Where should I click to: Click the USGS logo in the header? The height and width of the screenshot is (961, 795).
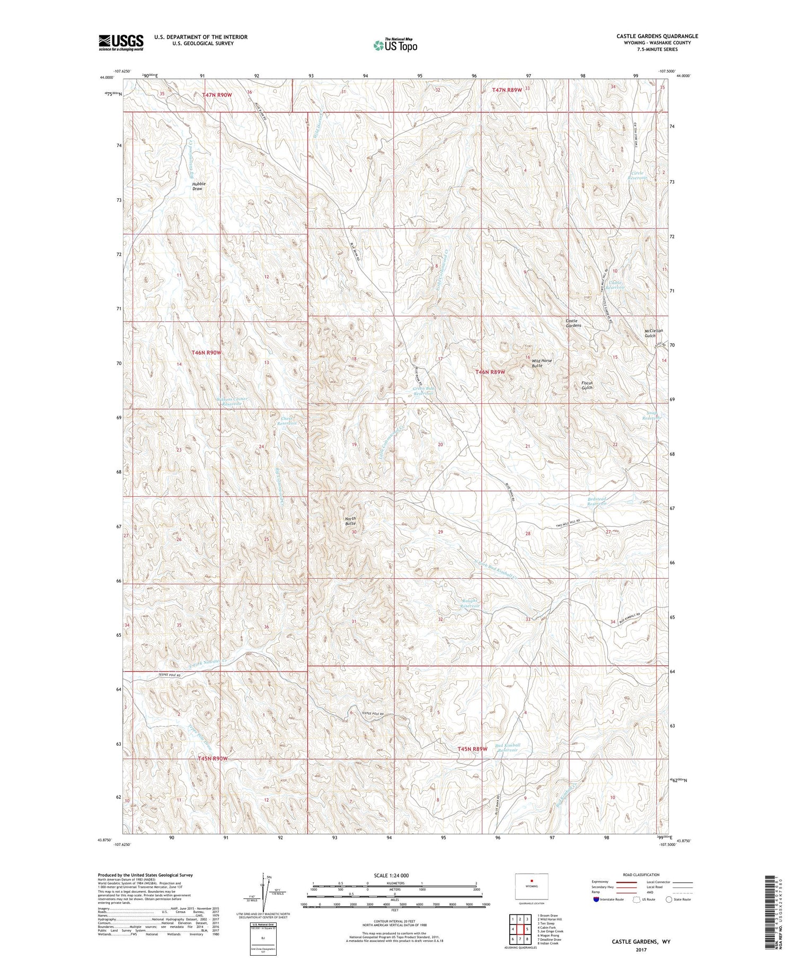click(121, 42)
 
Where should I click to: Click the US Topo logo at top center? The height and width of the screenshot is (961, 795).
click(395, 46)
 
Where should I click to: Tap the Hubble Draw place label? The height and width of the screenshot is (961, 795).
click(198, 186)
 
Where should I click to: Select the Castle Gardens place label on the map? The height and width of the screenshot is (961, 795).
click(573, 323)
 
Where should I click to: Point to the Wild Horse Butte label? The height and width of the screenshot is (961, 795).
click(542, 363)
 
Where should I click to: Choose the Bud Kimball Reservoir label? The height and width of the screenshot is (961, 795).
click(507, 747)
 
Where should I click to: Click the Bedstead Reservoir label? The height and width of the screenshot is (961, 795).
click(596, 501)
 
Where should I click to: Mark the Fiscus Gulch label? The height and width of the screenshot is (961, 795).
click(586, 385)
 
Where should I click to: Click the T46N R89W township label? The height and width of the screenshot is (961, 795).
click(490, 372)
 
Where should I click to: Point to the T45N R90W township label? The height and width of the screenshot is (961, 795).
click(213, 759)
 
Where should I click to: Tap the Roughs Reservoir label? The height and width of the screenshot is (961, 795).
click(469, 603)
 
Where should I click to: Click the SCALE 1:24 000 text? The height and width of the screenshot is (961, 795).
click(391, 875)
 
